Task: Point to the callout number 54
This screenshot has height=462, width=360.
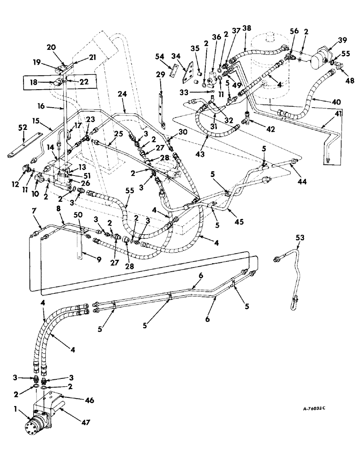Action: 160,55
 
